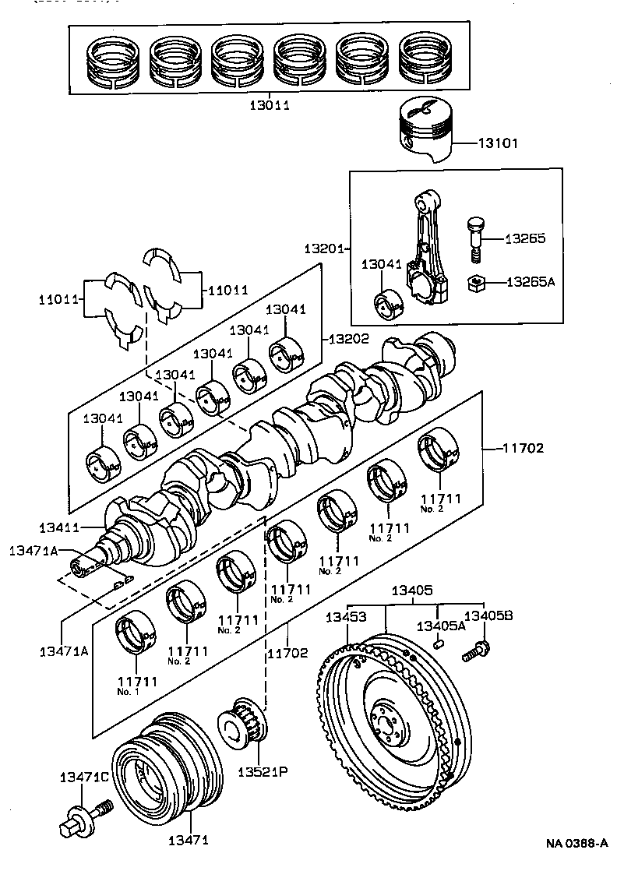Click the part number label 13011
pos(270,104)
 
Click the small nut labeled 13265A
pos(476,284)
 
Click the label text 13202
pos(348,339)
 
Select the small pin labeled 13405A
pos(439,643)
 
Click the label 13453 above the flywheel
pos(346,618)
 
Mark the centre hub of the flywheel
pos(388,721)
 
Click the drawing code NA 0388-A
pos(576,843)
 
